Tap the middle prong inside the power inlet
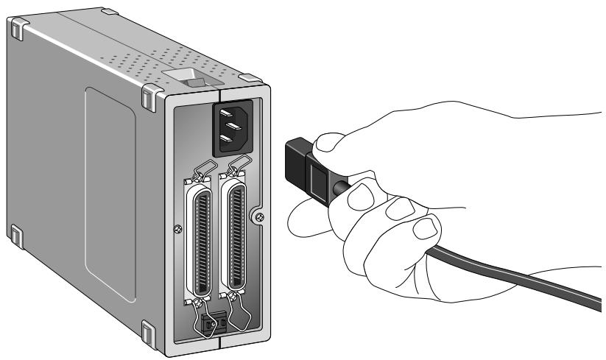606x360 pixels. tap(236, 127)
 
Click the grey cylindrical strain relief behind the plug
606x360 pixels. tap(341, 188)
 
